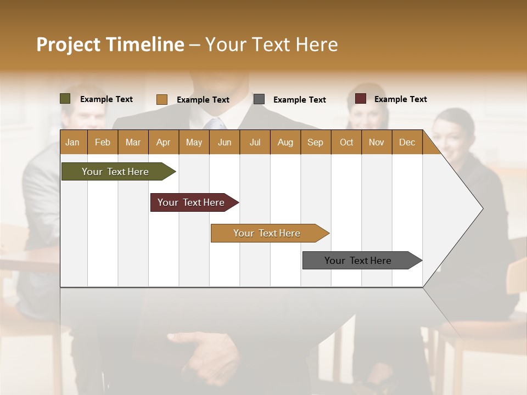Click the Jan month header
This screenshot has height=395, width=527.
[x=72, y=142]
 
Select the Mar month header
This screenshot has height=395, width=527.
[x=133, y=142]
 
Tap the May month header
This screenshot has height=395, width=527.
[x=194, y=142]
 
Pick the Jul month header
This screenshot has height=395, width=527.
[x=255, y=142]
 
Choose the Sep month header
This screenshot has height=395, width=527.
[x=315, y=142]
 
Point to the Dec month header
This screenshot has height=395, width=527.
[x=407, y=142]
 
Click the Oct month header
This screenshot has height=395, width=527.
[x=346, y=142]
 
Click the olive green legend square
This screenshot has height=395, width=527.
[x=65, y=99]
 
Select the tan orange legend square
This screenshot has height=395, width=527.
[x=162, y=99]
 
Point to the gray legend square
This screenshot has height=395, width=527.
[x=259, y=99]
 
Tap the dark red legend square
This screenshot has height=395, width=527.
[x=361, y=99]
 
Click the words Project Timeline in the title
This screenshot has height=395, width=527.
[x=110, y=44]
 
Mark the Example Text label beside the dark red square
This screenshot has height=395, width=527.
[x=400, y=99]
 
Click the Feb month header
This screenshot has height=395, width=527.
[x=103, y=142]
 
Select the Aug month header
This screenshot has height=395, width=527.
[x=285, y=142]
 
